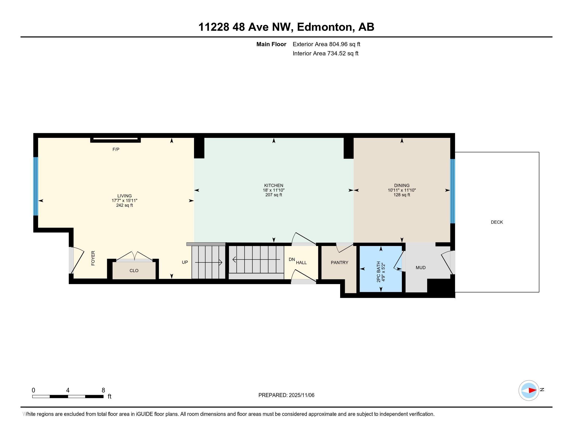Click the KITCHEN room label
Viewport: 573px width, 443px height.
[273, 185]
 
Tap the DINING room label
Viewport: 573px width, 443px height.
[401, 185]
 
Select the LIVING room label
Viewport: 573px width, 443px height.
[124, 196]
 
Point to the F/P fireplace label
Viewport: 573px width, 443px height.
[116, 149]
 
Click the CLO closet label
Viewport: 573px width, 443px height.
[134, 270]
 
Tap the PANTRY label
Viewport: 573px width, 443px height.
[339, 262]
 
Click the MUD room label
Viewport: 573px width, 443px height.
[420, 267]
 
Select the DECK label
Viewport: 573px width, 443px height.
[496, 222]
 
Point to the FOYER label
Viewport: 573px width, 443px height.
[93, 258]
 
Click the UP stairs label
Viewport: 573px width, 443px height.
[185, 262]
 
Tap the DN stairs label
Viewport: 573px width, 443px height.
[291, 259]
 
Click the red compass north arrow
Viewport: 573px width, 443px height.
[532, 391]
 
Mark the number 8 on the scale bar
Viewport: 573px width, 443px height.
[103, 390]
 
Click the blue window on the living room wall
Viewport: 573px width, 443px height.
[36, 186]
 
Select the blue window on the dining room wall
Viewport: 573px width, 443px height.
[452, 191]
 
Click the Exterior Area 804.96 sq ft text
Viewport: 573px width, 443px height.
[326, 44]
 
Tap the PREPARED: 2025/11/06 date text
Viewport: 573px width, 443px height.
[286, 395]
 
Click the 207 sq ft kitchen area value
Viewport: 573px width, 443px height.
[273, 195]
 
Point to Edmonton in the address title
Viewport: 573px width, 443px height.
[324, 27]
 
